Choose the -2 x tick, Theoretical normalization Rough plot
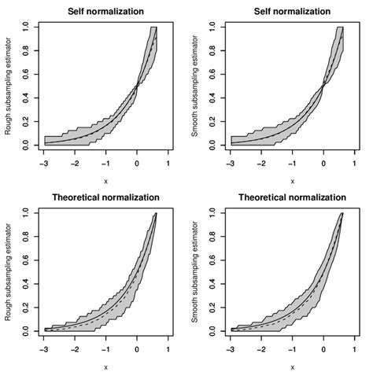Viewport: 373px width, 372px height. [76, 350]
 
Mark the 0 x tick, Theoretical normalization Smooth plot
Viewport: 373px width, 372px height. [323, 350]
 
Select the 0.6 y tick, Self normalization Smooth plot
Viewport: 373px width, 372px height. [213, 75]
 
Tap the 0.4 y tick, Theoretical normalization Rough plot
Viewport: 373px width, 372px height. [27, 284]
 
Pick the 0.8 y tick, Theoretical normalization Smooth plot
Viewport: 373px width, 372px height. [213, 237]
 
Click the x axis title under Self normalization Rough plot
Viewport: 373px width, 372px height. [106, 181]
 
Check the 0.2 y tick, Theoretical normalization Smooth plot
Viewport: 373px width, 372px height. [213, 308]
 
